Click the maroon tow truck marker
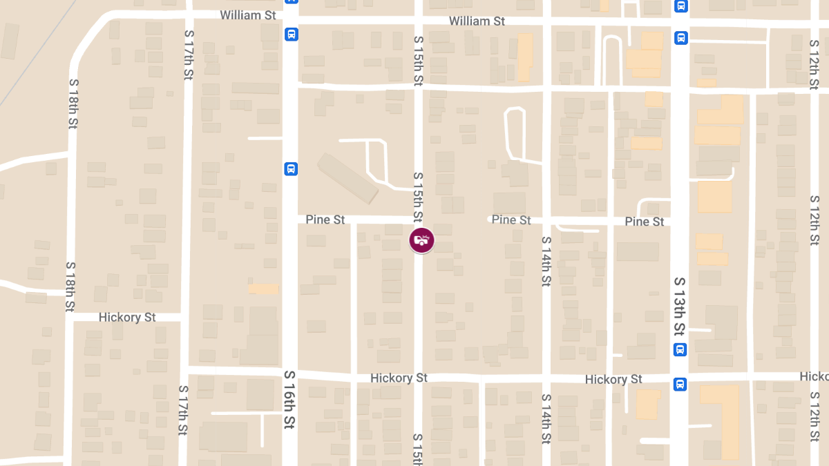[421, 240]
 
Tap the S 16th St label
[290, 399]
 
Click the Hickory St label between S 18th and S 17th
[127, 318]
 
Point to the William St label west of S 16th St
[248, 15]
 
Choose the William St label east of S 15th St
[477, 21]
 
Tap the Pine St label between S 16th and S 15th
[325, 220]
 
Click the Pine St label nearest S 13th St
[644, 222]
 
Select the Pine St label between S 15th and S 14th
[511, 220]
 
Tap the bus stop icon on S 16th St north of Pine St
[291, 168]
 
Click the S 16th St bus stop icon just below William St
[291, 34]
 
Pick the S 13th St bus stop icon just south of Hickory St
[680, 384]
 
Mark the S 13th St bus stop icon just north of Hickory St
[680, 349]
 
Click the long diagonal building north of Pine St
[347, 177]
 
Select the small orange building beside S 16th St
[263, 289]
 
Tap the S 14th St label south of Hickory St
[546, 419]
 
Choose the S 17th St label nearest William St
[188, 54]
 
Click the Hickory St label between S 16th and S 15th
[399, 378]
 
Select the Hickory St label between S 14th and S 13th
[613, 380]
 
